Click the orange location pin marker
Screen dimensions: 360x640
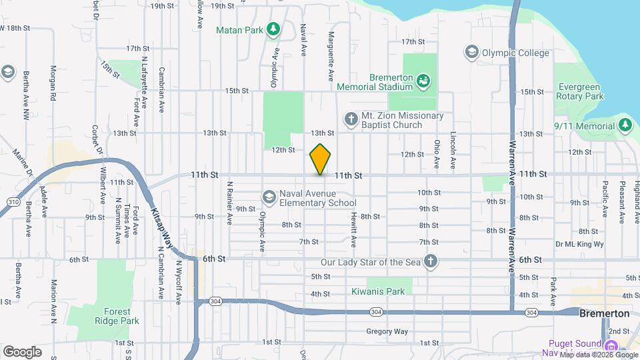point(321,159)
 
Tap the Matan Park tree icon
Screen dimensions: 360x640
point(272,29)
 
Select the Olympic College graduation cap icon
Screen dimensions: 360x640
point(471,51)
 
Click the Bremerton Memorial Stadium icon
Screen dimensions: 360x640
point(423,81)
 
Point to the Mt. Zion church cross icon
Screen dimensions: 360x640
point(351,120)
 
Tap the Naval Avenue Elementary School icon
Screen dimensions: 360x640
point(269,197)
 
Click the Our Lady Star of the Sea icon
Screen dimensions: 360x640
point(431,261)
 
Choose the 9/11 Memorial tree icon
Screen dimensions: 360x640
point(625,125)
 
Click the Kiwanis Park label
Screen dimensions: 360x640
point(378,291)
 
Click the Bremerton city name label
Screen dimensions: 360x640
point(604,313)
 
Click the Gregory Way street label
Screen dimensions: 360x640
point(386,331)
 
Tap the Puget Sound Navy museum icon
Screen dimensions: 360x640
point(610,345)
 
